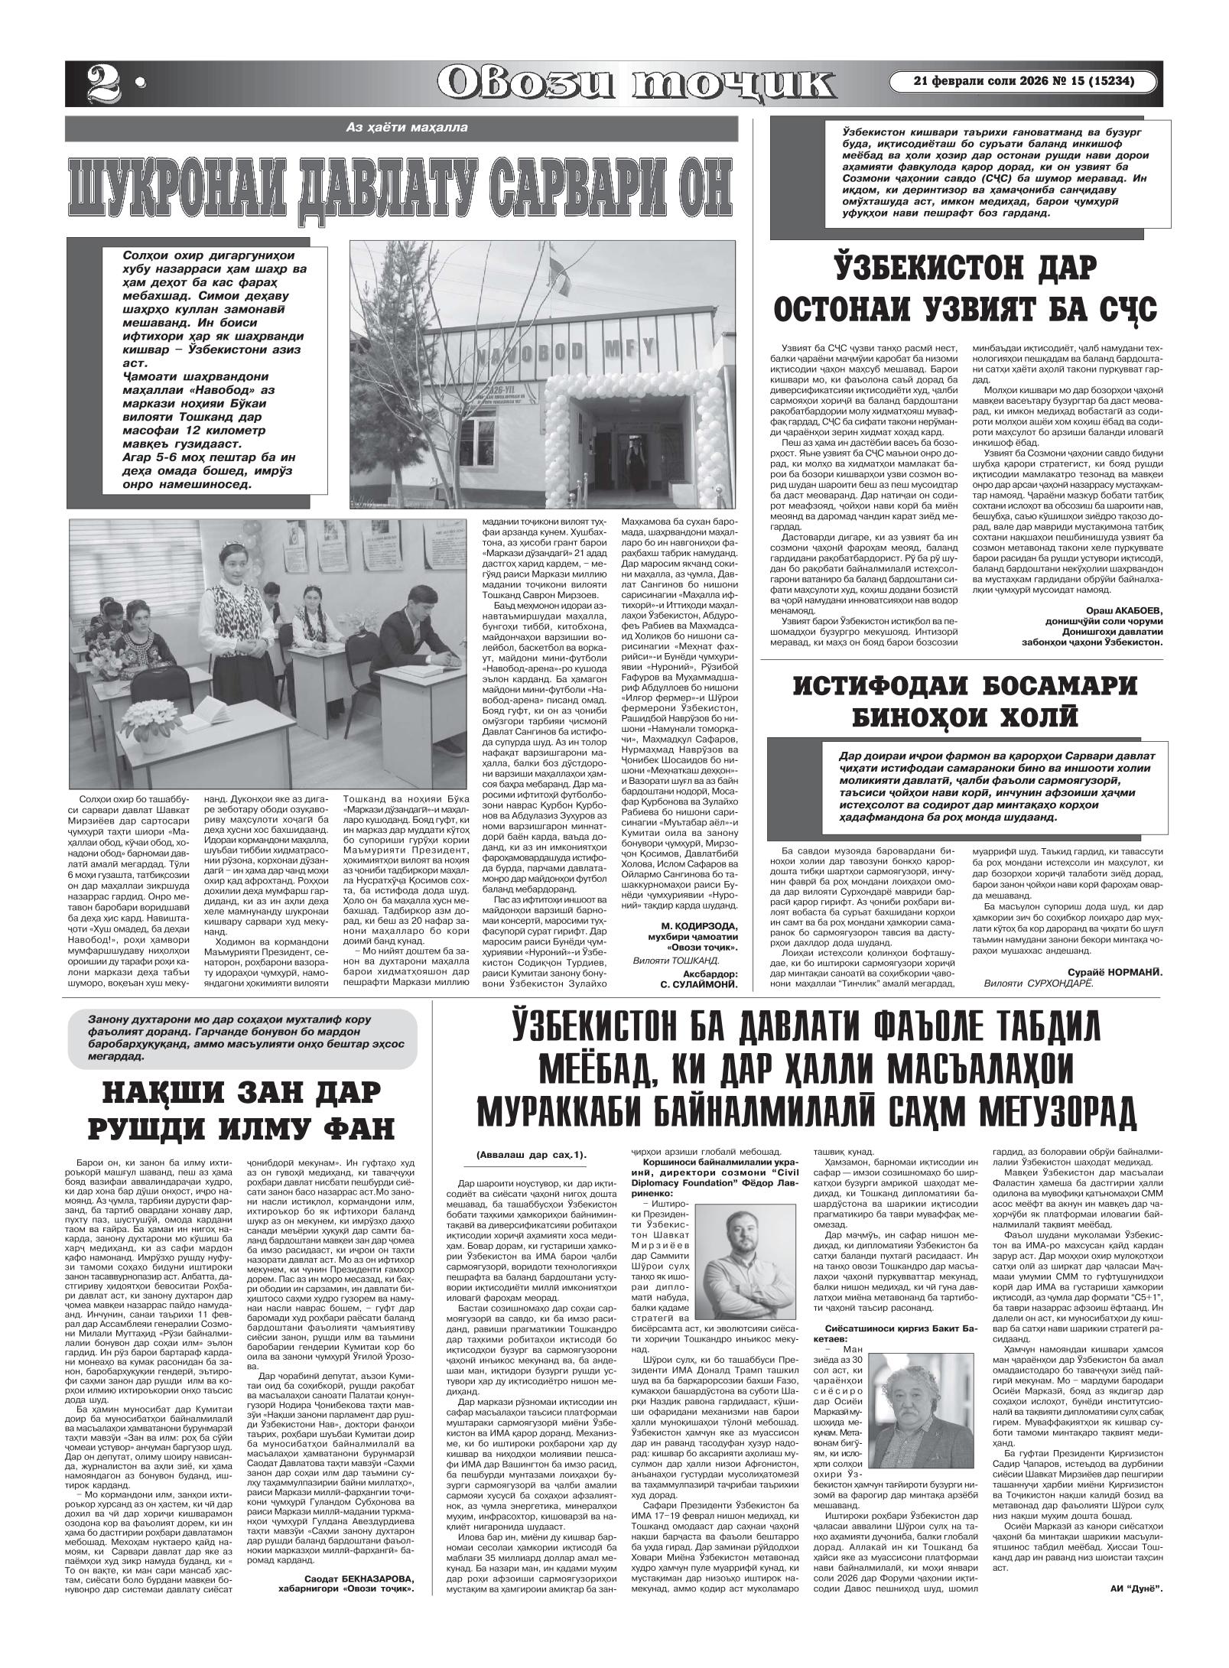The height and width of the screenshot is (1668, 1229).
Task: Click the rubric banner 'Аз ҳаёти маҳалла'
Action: tap(405, 128)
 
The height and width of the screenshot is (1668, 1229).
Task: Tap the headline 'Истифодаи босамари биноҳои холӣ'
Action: tap(966, 701)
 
